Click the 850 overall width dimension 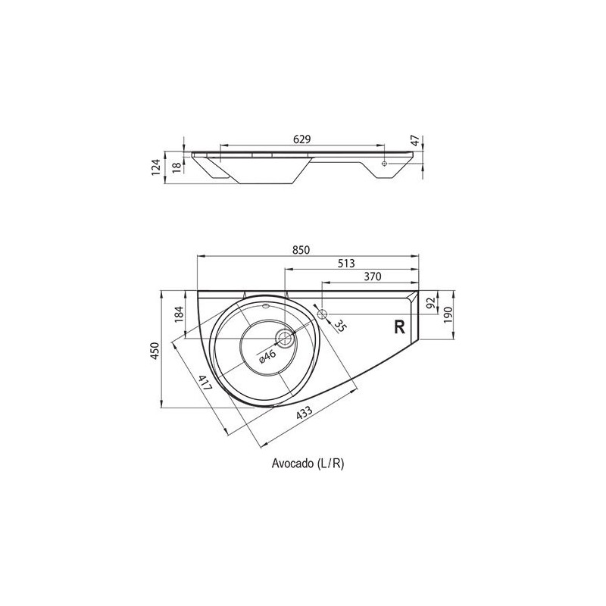tap(301, 250)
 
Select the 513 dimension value tap(346, 263)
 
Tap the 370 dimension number tap(373, 276)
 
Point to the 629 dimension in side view tap(301, 139)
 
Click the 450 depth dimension tap(155, 351)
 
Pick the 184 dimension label tap(180, 314)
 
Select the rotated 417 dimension tap(205, 383)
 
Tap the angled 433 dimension tap(305, 413)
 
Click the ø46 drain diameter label tap(267, 356)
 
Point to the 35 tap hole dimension tap(339, 326)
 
